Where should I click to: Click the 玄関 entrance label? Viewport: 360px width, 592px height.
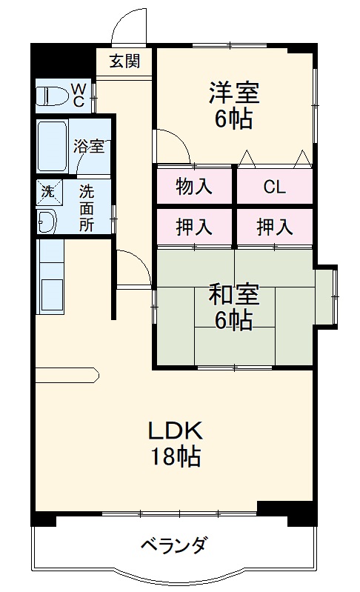[x=125, y=61]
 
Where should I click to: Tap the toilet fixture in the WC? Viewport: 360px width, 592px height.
[x=54, y=96]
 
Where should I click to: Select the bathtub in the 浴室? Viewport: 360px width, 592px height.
[x=53, y=147]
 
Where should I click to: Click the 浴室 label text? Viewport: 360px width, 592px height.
[x=88, y=146]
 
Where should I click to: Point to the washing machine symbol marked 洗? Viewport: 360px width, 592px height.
[x=47, y=191]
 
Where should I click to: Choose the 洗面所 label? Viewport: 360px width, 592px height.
[x=87, y=207]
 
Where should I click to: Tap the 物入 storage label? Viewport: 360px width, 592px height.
[x=193, y=186]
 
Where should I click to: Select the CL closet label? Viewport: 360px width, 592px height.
[x=274, y=187]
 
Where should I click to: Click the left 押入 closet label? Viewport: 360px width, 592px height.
[x=193, y=227]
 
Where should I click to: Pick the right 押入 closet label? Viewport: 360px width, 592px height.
[x=274, y=227]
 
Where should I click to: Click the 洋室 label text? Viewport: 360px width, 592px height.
[x=233, y=94]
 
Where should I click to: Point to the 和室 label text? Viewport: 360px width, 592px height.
[x=233, y=295]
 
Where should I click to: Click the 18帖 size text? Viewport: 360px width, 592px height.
[x=176, y=457]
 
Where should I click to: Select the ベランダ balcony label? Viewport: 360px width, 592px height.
[x=174, y=546]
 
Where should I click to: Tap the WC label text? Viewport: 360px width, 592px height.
[x=79, y=96]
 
